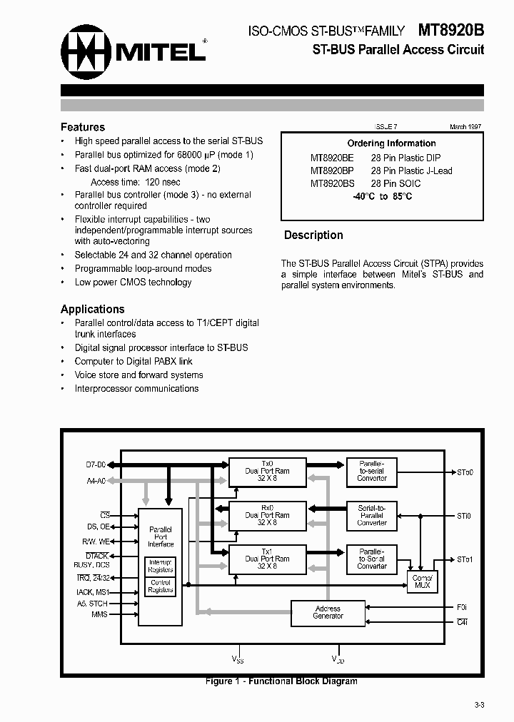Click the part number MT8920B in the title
click(450, 30)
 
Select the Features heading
click(83, 127)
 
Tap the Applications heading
click(93, 309)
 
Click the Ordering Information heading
click(391, 143)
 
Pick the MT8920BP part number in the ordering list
click(332, 171)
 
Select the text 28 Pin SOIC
click(395, 183)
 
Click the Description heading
click(313, 235)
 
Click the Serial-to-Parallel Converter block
click(372, 515)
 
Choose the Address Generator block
click(328, 612)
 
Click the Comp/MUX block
click(422, 581)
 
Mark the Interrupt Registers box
click(161, 566)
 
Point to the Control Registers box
click(161, 586)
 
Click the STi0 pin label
click(464, 516)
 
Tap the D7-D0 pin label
click(95, 466)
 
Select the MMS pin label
click(99, 614)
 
